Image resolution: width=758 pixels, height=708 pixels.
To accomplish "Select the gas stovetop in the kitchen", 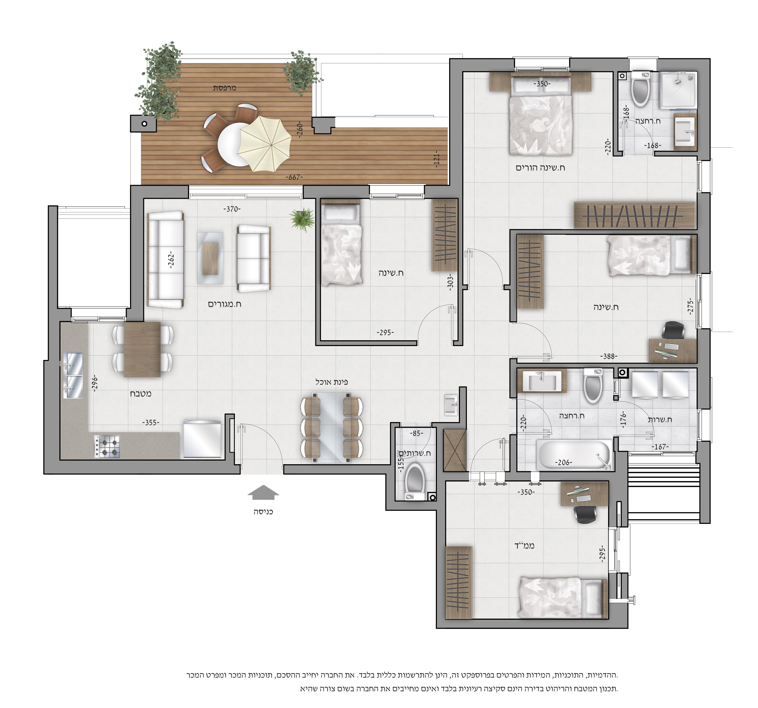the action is pos(107,447).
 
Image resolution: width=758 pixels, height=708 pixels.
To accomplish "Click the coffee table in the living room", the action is pos(210,258).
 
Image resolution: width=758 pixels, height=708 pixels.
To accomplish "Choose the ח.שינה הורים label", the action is pos(540,168).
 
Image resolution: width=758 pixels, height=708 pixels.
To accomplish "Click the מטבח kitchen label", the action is pos(141,394).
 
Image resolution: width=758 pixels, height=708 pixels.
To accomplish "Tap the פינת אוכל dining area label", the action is pos(331,381).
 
